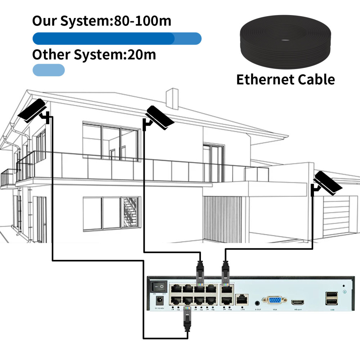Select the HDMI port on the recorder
(298, 301)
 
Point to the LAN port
(242, 298)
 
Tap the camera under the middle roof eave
(160, 118)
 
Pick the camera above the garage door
(327, 183)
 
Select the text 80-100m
(143, 21)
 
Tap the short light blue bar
(49, 70)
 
